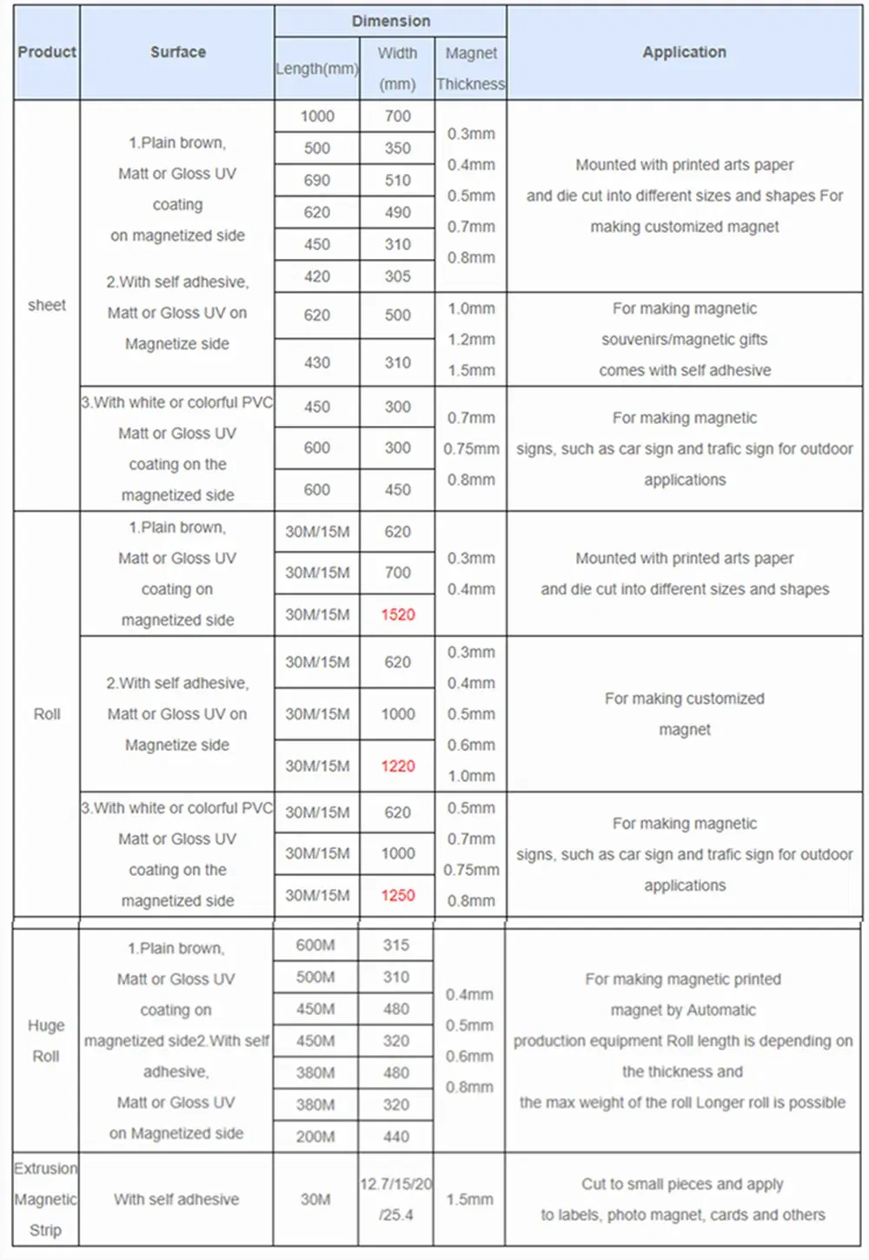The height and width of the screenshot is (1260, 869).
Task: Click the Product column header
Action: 47,52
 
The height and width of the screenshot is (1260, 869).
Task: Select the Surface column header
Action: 177,52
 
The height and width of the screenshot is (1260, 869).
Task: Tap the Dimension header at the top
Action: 390,21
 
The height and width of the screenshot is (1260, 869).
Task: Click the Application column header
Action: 684,52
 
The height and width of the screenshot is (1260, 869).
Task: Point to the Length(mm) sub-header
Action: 317,69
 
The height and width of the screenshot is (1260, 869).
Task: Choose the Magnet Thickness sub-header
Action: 470,69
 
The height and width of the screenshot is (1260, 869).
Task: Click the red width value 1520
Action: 398,614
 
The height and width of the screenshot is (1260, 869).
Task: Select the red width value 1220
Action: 398,766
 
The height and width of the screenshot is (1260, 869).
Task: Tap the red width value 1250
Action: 398,895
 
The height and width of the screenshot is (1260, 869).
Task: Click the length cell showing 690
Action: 317,180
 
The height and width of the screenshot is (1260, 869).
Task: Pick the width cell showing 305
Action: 398,276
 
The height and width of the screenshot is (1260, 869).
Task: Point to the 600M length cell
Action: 315,945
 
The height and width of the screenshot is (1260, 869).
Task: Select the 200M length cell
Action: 315,1137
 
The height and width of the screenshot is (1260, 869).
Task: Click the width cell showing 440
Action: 396,1137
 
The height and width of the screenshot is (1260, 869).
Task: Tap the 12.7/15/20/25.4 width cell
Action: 396,1199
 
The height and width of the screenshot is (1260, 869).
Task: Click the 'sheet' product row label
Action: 47,305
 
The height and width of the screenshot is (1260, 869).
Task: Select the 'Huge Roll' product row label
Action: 46,1041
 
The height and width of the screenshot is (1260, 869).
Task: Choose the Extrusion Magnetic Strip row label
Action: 46,1199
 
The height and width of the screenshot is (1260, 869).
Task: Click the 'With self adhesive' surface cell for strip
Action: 176,1199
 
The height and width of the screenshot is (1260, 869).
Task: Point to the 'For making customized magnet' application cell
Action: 685,713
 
